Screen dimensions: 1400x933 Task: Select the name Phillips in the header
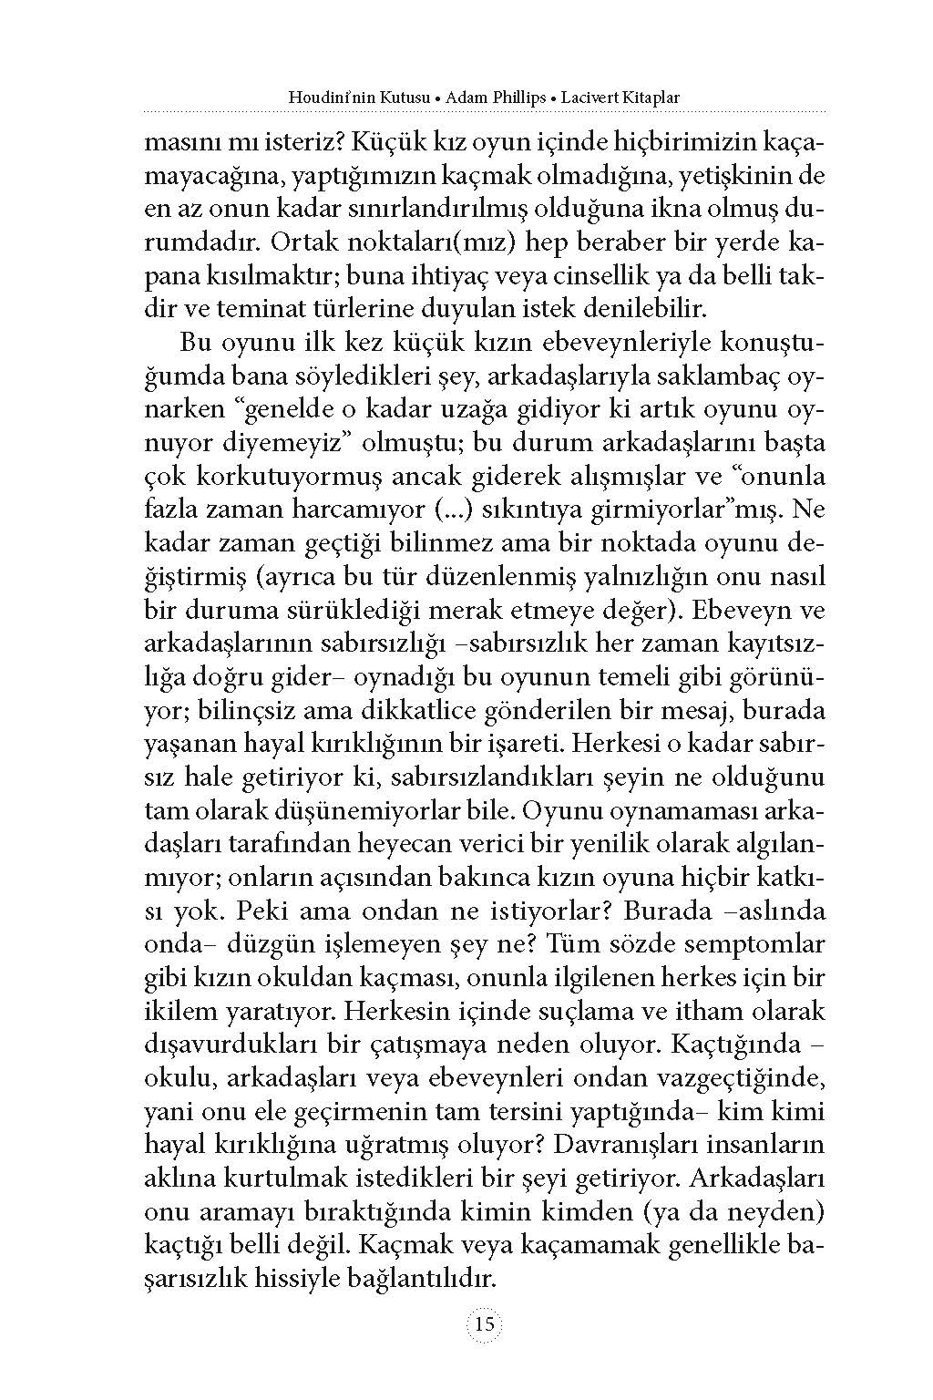pos(492,96)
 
